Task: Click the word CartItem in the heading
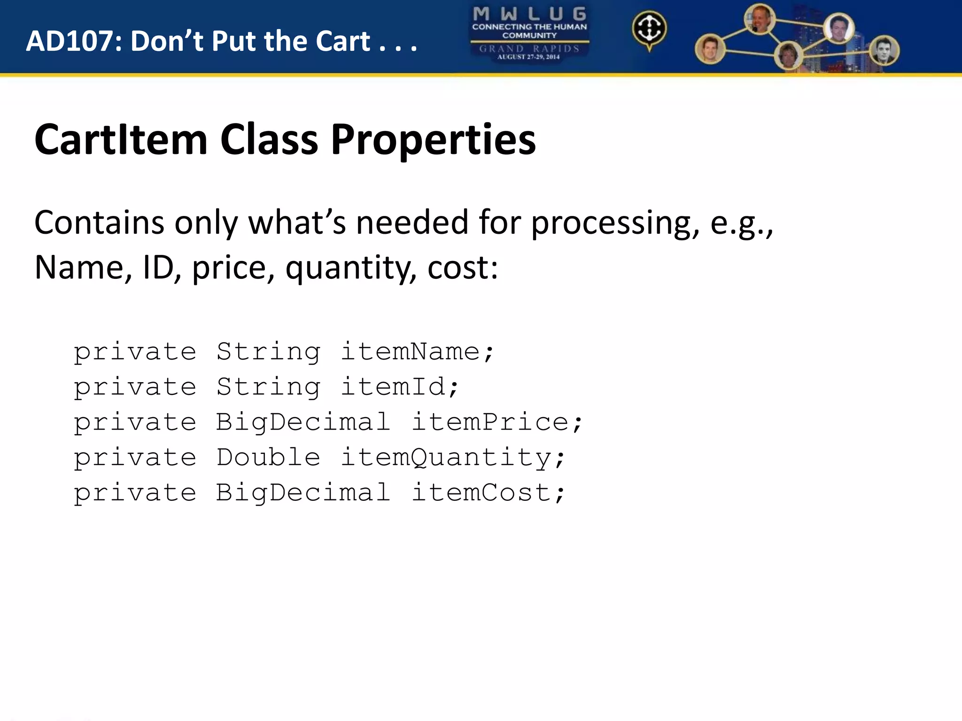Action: tap(121, 139)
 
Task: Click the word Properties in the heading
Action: tap(433, 139)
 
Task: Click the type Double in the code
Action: tap(268, 457)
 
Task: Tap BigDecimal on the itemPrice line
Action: tap(303, 422)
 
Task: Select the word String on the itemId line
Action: tap(268, 387)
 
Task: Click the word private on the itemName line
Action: tap(135, 352)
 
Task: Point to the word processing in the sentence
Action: tap(615, 222)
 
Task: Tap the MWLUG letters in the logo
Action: tap(529, 14)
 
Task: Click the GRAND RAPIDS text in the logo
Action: tap(529, 48)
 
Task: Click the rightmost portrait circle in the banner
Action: tap(884, 51)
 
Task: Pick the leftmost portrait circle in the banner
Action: tap(710, 49)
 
